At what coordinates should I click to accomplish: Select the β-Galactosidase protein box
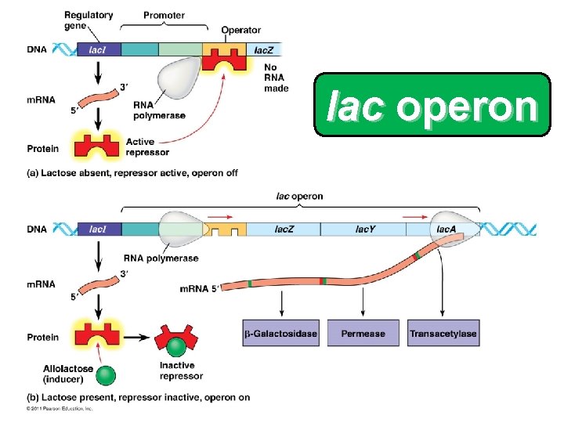280,334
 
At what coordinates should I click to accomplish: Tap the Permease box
363,334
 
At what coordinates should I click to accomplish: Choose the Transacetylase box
443,334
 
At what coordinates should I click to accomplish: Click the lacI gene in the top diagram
99,49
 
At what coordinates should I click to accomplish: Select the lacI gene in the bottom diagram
99,229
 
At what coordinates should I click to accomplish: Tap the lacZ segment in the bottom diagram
284,229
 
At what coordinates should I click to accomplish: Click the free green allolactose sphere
106,376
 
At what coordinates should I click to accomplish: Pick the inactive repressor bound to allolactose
179,339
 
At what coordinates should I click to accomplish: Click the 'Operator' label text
240,30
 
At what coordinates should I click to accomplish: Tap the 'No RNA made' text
277,78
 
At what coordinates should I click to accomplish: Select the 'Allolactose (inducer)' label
70,373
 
